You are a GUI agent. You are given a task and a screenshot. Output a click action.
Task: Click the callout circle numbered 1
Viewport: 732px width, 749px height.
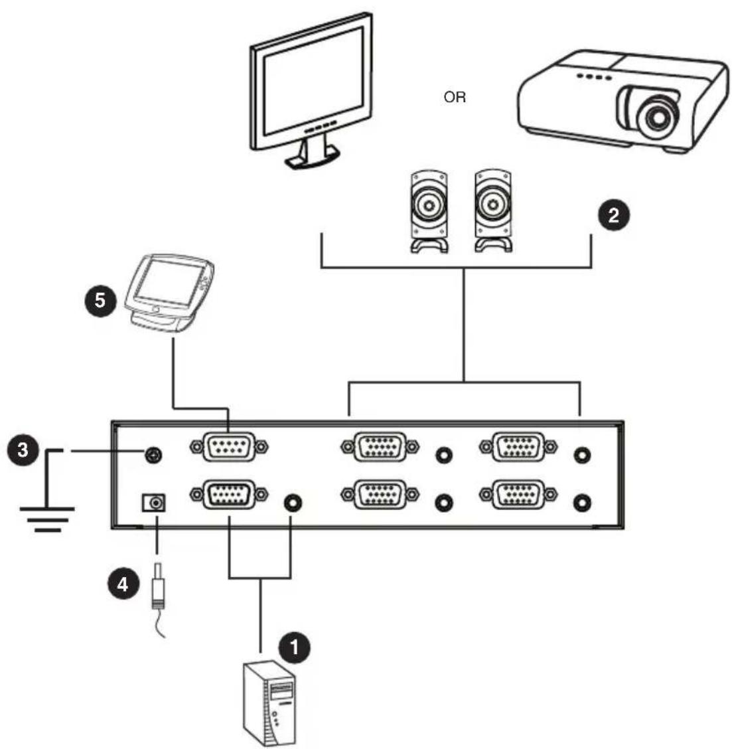click(294, 647)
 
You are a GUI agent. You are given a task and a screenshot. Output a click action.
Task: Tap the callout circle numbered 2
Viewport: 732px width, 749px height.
click(614, 215)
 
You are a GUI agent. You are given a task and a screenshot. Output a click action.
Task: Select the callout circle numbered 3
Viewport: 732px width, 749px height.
click(23, 450)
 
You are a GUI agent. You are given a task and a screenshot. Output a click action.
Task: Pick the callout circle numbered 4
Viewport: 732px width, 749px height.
click(123, 584)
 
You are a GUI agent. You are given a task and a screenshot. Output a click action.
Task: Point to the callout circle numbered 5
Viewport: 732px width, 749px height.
click(100, 300)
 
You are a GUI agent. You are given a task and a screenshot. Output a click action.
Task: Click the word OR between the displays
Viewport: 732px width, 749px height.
click(455, 98)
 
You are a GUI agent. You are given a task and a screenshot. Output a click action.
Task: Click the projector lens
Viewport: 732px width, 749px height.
click(658, 116)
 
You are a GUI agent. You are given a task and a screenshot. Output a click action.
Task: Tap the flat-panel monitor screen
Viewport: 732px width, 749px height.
click(313, 80)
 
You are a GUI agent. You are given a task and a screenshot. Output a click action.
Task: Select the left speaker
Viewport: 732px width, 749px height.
click(429, 210)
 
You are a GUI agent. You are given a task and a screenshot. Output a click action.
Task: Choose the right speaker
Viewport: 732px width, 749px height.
click(493, 210)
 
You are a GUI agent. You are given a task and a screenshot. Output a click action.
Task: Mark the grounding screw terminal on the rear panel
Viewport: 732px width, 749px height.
click(153, 455)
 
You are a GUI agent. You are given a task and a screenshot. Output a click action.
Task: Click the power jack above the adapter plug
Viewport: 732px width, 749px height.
click(154, 503)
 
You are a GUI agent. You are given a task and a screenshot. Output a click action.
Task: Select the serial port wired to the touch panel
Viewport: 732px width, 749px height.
click(229, 447)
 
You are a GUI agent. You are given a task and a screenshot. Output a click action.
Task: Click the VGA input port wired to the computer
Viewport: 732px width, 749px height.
click(229, 495)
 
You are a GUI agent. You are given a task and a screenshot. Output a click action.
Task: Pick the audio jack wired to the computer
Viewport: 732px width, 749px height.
click(293, 503)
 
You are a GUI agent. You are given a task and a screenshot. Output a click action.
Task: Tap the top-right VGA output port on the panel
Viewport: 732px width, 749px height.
click(518, 447)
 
